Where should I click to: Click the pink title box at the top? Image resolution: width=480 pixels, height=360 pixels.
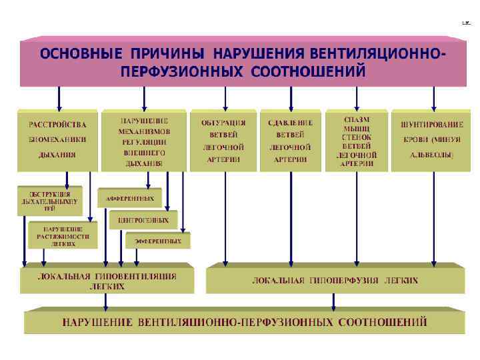(x=243, y=62)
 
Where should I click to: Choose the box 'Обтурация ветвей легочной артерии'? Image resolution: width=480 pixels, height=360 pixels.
(x=223, y=140)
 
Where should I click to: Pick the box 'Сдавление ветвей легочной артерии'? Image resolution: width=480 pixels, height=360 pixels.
(x=290, y=140)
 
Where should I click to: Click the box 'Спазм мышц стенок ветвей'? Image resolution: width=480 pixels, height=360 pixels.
(x=357, y=140)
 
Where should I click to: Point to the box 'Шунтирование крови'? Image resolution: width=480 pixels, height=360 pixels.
(x=431, y=140)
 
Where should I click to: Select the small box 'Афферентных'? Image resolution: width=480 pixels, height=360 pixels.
(x=130, y=199)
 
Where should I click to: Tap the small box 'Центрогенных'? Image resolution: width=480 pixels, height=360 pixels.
(x=143, y=219)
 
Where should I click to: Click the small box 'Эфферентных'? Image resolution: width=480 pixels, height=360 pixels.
(x=158, y=241)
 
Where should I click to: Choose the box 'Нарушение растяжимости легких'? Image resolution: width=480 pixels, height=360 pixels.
(x=62, y=235)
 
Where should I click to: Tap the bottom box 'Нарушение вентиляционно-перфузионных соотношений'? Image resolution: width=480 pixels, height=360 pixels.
(x=245, y=322)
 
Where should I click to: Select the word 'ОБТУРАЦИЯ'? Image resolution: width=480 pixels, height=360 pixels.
(x=223, y=123)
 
